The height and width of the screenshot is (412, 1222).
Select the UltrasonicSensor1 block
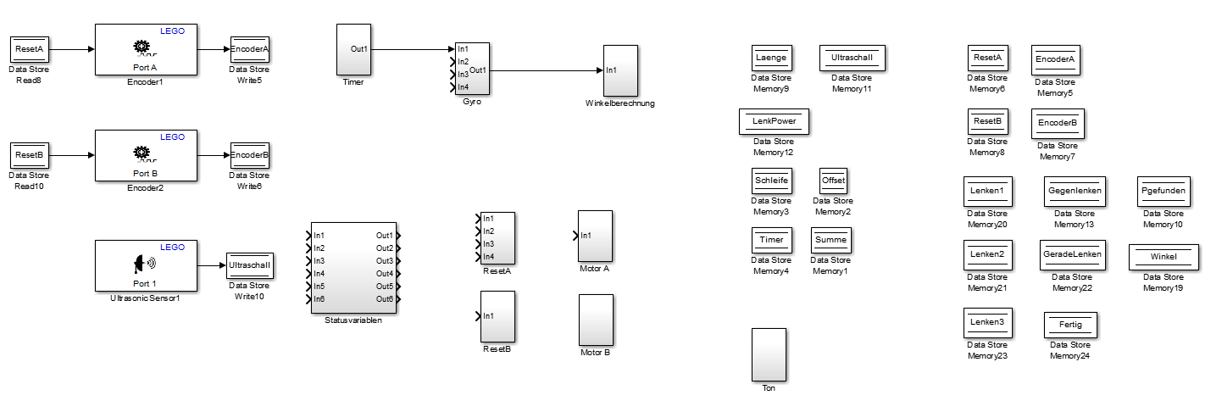[x=146, y=265]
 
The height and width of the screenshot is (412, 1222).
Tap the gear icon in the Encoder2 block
[x=142, y=153]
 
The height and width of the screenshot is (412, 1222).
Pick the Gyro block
[x=472, y=69]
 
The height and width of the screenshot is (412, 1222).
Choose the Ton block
[x=769, y=354]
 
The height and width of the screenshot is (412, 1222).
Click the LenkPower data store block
[x=775, y=121]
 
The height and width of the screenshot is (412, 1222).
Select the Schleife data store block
[x=771, y=181]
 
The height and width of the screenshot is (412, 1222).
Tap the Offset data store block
[x=833, y=181]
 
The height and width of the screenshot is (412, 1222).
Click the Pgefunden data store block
[x=1163, y=191]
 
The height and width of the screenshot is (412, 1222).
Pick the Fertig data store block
[x=1070, y=325]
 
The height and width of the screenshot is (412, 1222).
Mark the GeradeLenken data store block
[x=1073, y=254]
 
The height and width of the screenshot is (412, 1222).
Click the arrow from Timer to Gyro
[x=412, y=49]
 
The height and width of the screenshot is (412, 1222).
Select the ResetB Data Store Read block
[x=29, y=155]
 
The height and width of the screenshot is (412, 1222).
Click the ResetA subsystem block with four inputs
[x=497, y=237]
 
